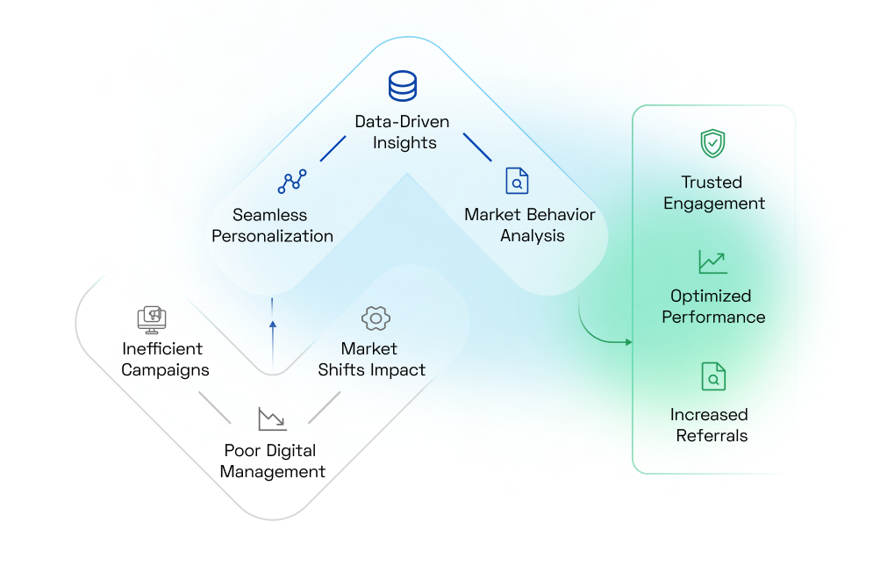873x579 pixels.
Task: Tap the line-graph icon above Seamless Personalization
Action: (292, 182)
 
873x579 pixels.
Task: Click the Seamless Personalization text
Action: (272, 225)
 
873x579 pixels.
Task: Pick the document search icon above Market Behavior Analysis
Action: (518, 181)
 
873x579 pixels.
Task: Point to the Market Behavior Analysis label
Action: (530, 225)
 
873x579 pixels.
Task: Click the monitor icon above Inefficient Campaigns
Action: (152, 318)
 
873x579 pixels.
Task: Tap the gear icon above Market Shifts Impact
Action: (376, 318)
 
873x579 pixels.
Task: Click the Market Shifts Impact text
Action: (371, 359)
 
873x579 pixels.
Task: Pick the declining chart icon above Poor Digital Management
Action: (272, 418)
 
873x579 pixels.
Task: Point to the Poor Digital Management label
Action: (272, 461)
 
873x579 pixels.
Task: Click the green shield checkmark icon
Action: (712, 143)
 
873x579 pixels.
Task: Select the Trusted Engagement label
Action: (713, 193)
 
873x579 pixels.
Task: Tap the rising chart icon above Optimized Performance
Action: (712, 261)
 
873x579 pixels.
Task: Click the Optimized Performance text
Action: (713, 306)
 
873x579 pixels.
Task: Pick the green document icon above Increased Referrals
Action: (713, 376)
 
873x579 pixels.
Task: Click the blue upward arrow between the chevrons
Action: (272, 325)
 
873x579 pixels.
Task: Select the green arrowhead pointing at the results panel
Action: (627, 341)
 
